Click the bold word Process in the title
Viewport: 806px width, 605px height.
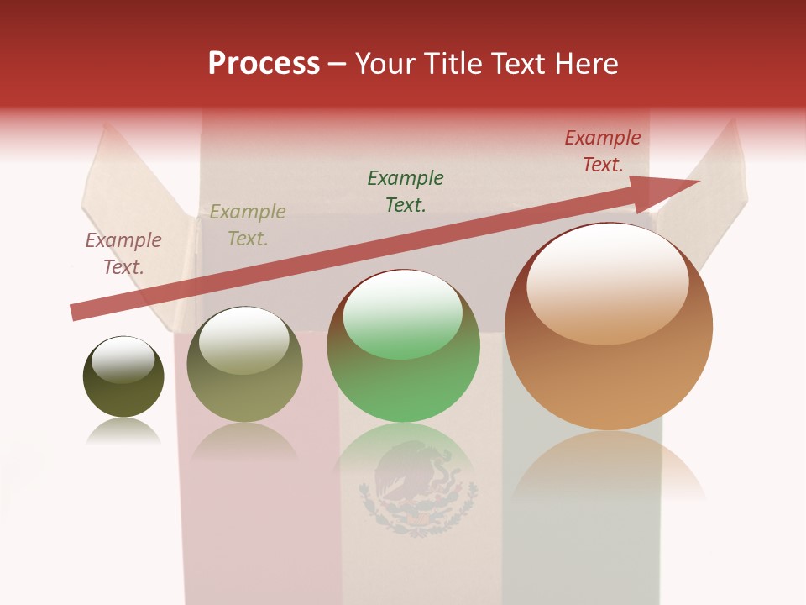[x=264, y=64]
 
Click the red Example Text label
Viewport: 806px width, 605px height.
[x=603, y=151]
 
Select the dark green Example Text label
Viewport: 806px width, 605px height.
[x=406, y=191]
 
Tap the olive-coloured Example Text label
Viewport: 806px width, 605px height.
[x=248, y=224]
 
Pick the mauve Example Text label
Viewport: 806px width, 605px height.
[x=123, y=254]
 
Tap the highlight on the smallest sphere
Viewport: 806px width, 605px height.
[x=123, y=360]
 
